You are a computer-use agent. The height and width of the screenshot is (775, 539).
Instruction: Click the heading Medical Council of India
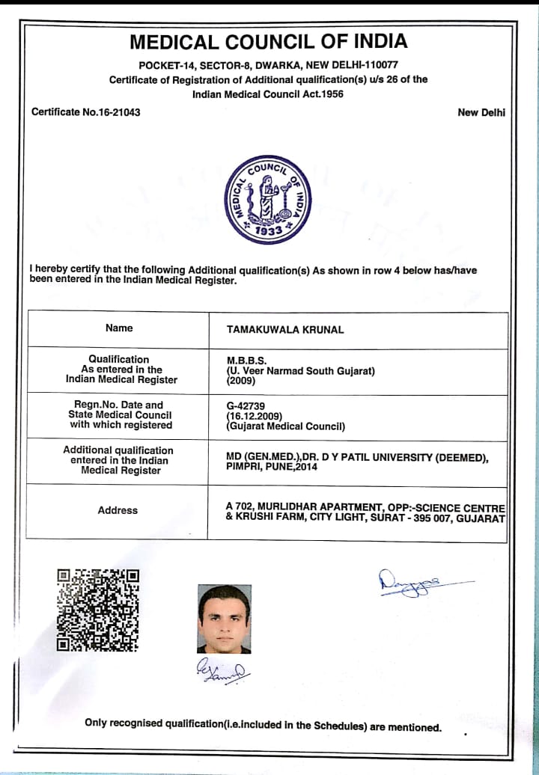click(x=269, y=41)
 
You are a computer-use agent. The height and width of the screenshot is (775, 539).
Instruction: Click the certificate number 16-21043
click(x=109, y=112)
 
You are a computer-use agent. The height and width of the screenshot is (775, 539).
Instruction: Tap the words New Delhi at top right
click(x=481, y=112)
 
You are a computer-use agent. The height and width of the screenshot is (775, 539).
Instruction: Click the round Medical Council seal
click(x=268, y=199)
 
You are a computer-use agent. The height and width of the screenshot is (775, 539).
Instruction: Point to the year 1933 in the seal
click(x=268, y=231)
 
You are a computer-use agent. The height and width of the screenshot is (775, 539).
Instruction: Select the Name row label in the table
click(x=119, y=328)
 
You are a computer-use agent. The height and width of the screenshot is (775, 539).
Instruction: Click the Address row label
click(x=118, y=510)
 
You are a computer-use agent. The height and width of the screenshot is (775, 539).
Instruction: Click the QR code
click(x=98, y=610)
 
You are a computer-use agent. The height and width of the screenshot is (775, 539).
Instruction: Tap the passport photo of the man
click(x=224, y=619)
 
